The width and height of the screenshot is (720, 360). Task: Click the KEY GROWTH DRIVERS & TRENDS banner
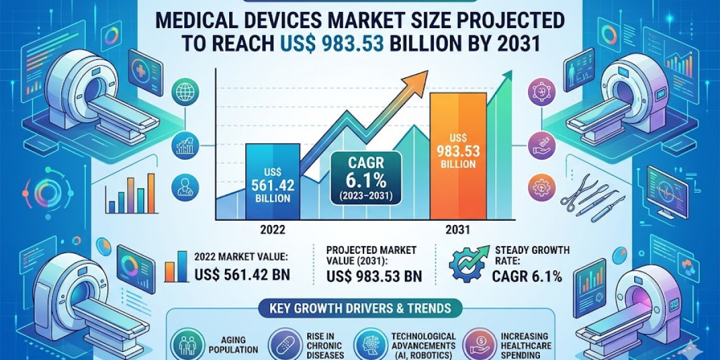[x=360, y=310]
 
